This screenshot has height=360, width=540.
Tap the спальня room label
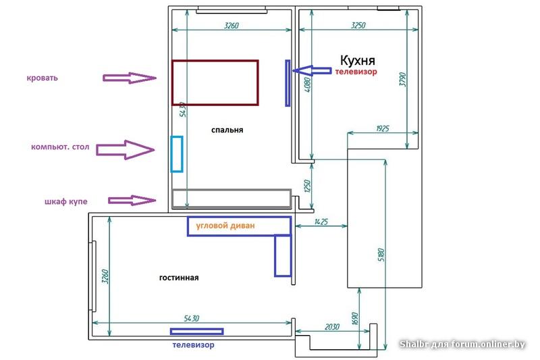coord(227,130)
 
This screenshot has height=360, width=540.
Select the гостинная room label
coord(179,278)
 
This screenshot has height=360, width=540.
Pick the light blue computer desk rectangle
coord(177,154)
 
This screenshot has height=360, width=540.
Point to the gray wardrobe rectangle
coord(232,199)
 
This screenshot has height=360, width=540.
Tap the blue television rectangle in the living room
coord(196,331)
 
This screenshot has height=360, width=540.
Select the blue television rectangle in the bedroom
coord(288,83)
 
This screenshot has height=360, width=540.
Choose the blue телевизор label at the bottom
coord(193,345)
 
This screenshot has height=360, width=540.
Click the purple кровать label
coord(42,78)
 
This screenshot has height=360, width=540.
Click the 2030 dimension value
coord(331,327)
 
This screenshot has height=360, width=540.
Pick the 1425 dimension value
coord(321,222)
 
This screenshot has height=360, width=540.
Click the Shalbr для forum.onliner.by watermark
coord(462,344)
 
